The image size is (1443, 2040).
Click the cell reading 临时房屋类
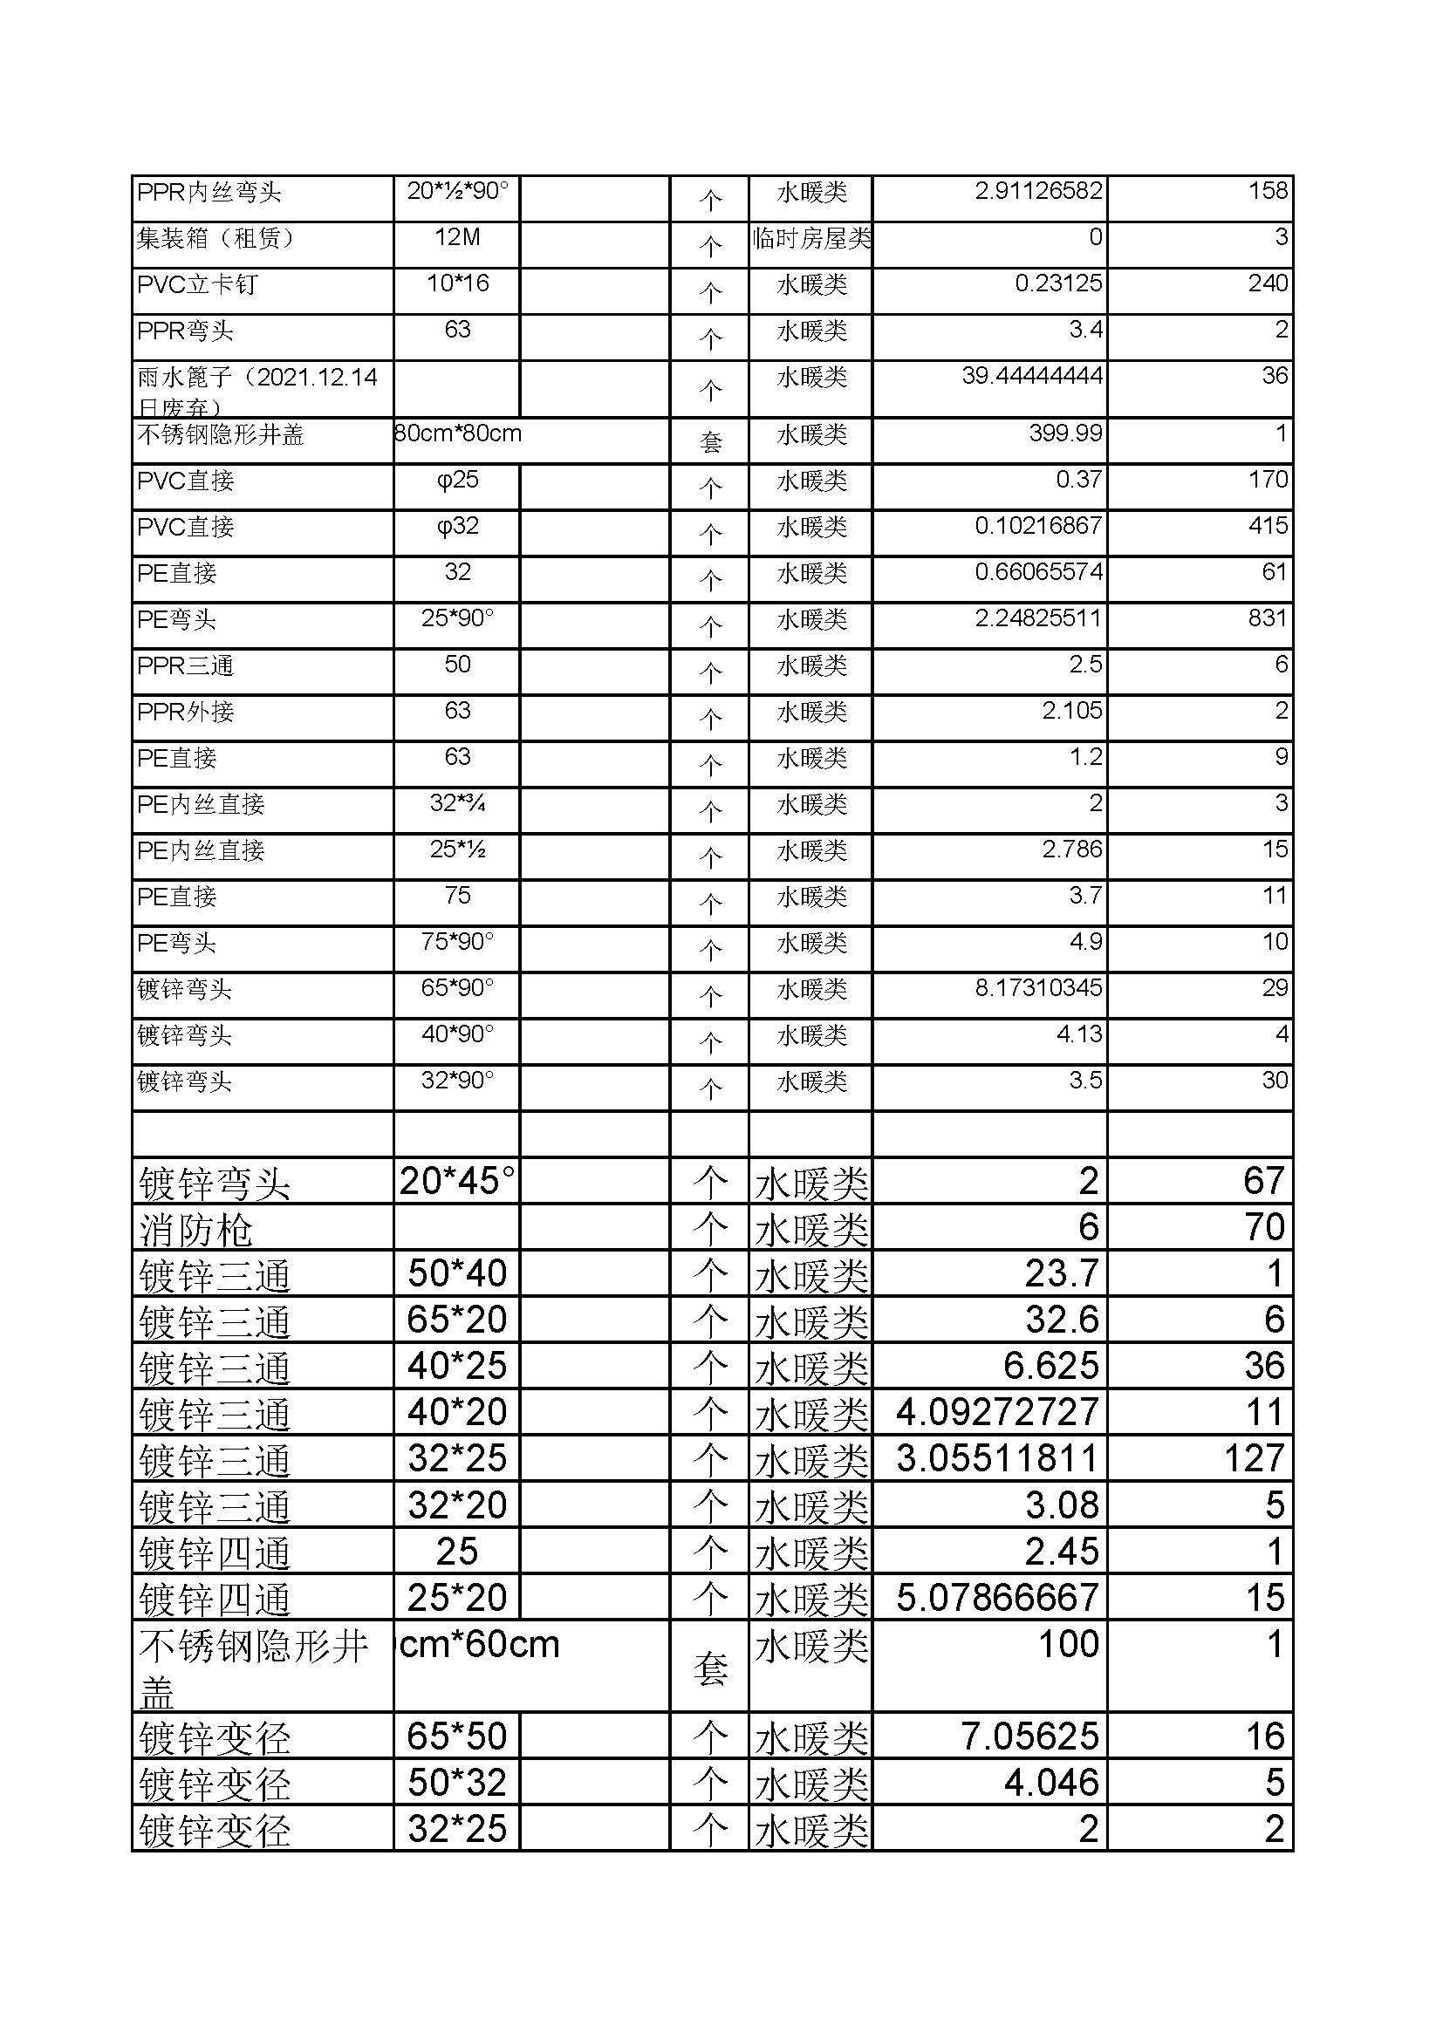[810, 238]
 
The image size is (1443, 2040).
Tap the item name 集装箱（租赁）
[215, 238]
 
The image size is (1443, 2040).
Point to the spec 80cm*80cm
[458, 433]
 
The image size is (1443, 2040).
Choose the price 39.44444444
[1031, 376]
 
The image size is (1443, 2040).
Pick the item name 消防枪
[196, 1231]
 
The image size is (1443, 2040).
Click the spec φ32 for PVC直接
[458, 526]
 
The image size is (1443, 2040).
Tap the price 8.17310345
[1038, 987]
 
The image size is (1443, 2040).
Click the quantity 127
[1253, 1458]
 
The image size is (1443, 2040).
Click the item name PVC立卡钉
[197, 284]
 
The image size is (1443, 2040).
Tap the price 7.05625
[1029, 1736]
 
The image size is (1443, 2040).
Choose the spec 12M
[458, 237]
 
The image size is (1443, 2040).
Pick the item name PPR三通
[185, 665]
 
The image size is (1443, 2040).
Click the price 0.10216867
[1038, 525]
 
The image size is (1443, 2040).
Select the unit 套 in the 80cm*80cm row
[710, 441]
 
